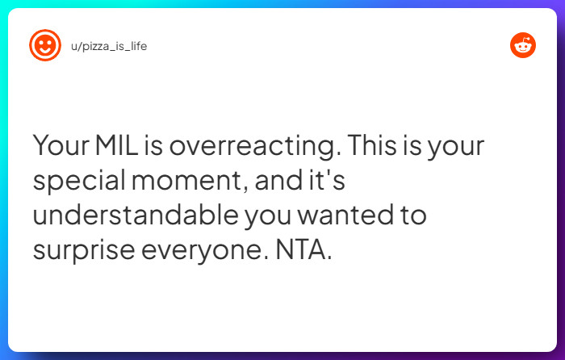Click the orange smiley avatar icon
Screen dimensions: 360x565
point(45,45)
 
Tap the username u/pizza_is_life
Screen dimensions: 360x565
point(109,46)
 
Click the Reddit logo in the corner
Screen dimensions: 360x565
point(523,45)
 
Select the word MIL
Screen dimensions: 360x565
point(119,146)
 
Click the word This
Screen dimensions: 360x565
point(373,146)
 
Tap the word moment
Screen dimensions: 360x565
point(198,181)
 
